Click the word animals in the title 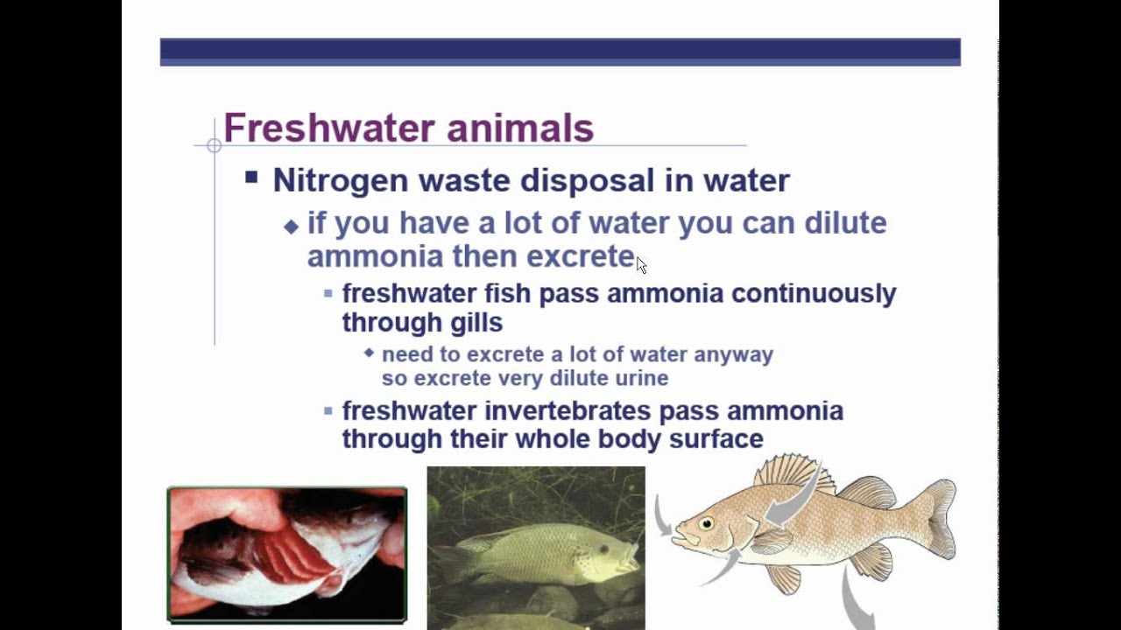(520, 129)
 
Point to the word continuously (814, 293)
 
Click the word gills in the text (476, 323)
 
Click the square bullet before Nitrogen (252, 178)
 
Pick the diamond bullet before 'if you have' (292, 227)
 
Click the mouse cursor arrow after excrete (641, 265)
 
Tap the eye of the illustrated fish (706, 523)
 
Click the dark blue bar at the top (560, 52)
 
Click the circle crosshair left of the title (215, 146)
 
